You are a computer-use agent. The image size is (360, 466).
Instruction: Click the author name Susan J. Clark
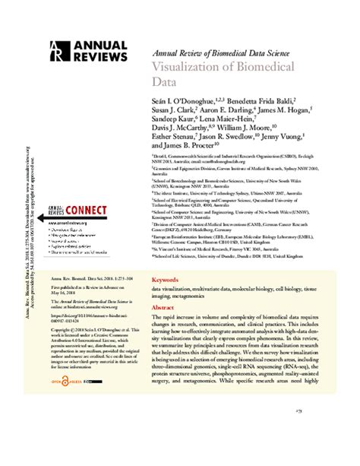pyautogui.click(x=178, y=111)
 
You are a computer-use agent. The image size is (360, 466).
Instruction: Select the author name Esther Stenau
pyautogui.click(x=177, y=141)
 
